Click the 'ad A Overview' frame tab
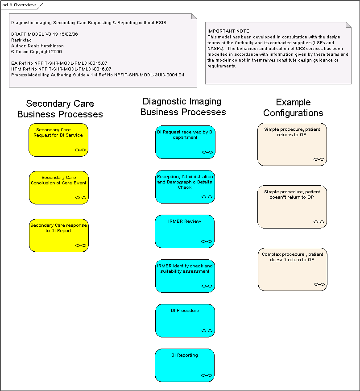pyautogui.click(x=20, y=5)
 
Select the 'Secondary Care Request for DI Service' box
pyautogui.click(x=58, y=140)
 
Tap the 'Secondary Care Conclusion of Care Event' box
pyautogui.click(x=59, y=187)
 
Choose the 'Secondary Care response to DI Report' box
pyautogui.click(x=59, y=235)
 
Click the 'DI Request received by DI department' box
pyautogui.click(x=185, y=142)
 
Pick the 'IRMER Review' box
pyautogui.click(x=185, y=231)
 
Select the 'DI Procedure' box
pyautogui.click(x=185, y=320)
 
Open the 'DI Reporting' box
pyautogui.click(x=185, y=365)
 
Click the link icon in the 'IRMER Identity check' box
pyautogui.click(x=207, y=286)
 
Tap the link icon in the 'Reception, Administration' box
pyautogui.click(x=207, y=197)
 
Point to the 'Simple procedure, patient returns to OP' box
pyautogui.click(x=292, y=144)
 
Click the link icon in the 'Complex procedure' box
pyautogui.click(x=319, y=284)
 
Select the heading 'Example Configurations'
pyautogui.click(x=293, y=108)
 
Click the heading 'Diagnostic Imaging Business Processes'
pyautogui.click(x=183, y=107)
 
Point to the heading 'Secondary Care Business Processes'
pyautogui.click(x=60, y=109)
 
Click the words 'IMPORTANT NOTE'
pyautogui.click(x=228, y=31)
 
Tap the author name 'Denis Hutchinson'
pyautogui.click(x=46, y=46)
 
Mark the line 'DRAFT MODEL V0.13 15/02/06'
pyautogui.click(x=44, y=34)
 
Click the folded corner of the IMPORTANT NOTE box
pyautogui.click(x=348, y=25)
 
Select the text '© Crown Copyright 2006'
pyautogui.click(x=37, y=52)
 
